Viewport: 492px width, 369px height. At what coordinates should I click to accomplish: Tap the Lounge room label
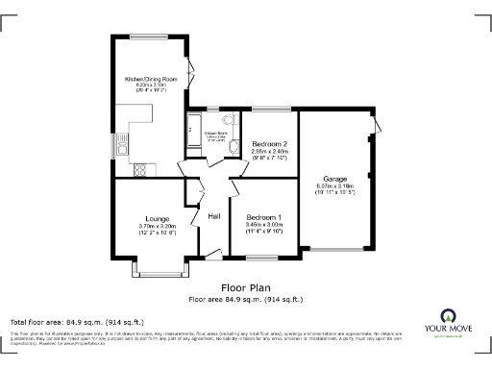tap(158, 217)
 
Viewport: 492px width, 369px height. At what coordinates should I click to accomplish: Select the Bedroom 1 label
tap(263, 217)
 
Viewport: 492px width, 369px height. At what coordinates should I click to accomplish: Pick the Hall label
tap(215, 217)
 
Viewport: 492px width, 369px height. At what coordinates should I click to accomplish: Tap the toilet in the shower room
tap(228, 120)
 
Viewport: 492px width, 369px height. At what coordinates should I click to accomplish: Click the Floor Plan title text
tap(246, 287)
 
